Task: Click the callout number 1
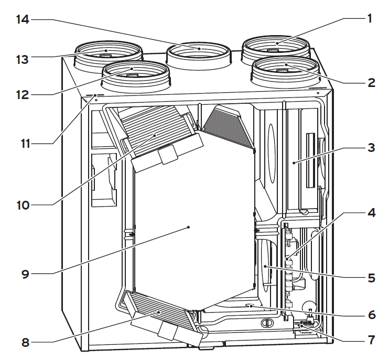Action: [370, 19]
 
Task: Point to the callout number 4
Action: [371, 213]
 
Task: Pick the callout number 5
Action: [371, 278]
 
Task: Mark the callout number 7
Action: [371, 340]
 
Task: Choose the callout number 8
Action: [24, 343]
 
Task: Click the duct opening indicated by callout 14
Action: [198, 50]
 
